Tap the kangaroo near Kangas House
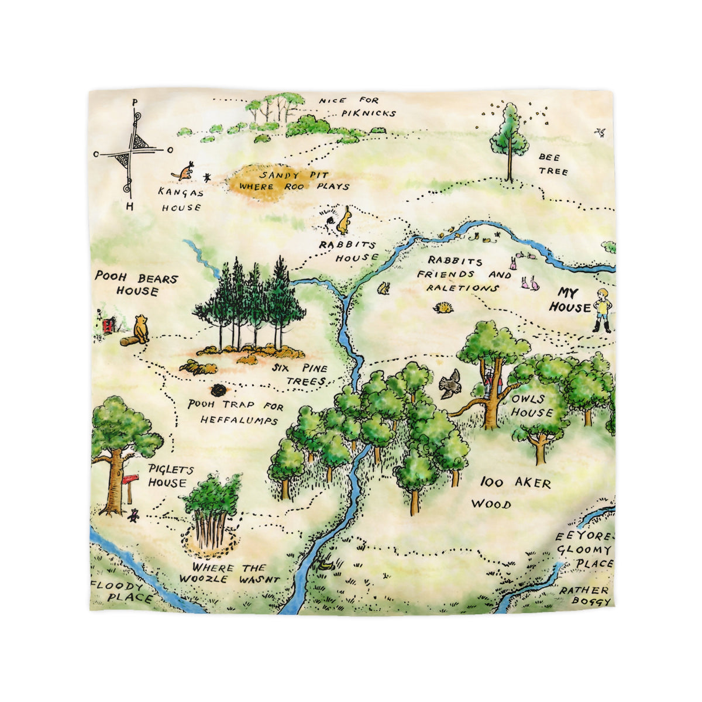pyautogui.click(x=185, y=171)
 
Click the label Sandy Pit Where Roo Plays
pyautogui.click(x=288, y=181)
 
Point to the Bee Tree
pyautogui.click(x=509, y=140)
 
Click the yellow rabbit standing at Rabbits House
pyautogui.click(x=345, y=221)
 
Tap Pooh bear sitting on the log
pyautogui.click(x=140, y=329)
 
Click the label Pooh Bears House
pyautogui.click(x=137, y=284)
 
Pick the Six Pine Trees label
pyautogui.click(x=300, y=374)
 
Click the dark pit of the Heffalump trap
pyautogui.click(x=219, y=390)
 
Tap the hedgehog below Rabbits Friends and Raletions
pyautogui.click(x=443, y=307)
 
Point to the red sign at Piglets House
pyautogui.click(x=129, y=480)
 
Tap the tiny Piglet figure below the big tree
pyautogui.click(x=134, y=515)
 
